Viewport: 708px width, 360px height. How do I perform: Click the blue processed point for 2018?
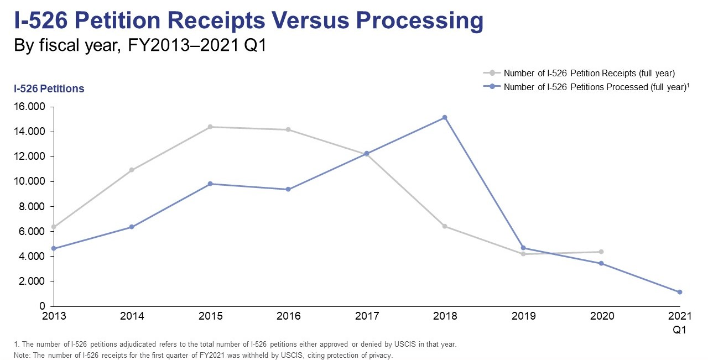[x=445, y=117]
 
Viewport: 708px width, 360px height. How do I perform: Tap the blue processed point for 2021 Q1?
[x=680, y=292]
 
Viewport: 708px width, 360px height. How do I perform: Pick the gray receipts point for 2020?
[x=601, y=252]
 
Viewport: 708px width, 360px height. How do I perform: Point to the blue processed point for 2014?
[x=132, y=227]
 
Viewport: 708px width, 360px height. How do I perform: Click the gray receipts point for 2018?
[x=445, y=226]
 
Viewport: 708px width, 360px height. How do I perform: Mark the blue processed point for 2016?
[x=289, y=189]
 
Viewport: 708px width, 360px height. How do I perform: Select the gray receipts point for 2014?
[x=132, y=170]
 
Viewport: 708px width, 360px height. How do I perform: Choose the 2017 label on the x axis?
[x=367, y=316]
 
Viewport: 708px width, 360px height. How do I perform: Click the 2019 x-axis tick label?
[x=523, y=316]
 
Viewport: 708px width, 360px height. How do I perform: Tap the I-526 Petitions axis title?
[x=49, y=88]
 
